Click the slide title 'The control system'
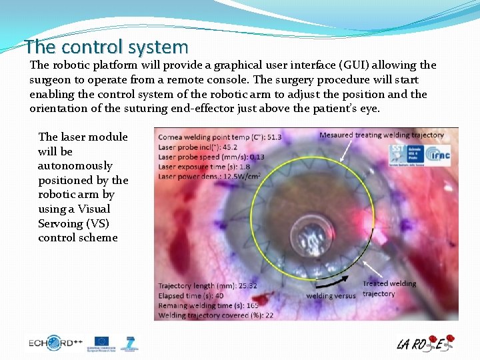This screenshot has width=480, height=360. [x=107, y=47]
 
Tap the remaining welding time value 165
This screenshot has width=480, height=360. [x=253, y=305]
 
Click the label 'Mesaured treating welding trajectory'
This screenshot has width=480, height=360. [x=381, y=135]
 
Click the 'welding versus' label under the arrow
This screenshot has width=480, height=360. [x=331, y=295]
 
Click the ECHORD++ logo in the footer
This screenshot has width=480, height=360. [x=55, y=343]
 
